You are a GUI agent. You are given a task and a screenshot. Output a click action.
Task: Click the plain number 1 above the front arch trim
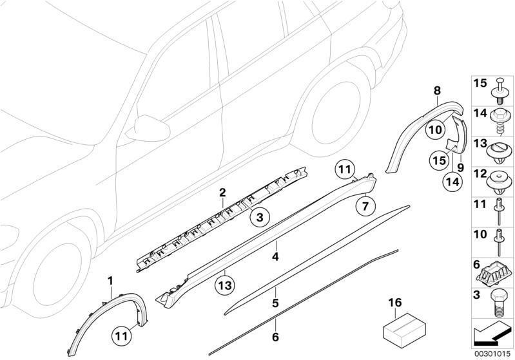pyautogui.click(x=110, y=280)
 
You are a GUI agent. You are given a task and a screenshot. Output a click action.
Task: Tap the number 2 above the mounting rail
pyautogui.click(x=222, y=193)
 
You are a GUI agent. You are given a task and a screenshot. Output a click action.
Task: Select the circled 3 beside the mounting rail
pyautogui.click(x=259, y=218)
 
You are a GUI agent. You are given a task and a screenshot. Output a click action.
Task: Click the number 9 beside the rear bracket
pyautogui.click(x=460, y=167)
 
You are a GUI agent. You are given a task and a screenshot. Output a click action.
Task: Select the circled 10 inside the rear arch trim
pyautogui.click(x=435, y=129)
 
